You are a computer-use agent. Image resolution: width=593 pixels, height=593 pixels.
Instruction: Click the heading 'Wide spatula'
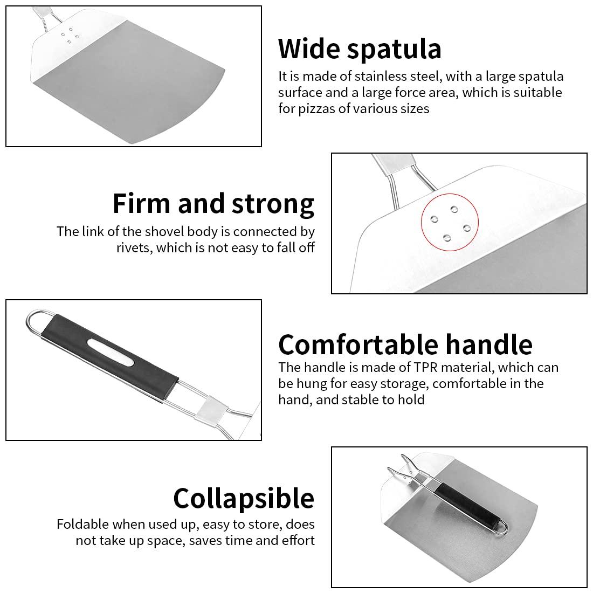(x=360, y=49)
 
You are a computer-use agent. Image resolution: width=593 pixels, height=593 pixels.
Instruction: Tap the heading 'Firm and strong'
(x=213, y=204)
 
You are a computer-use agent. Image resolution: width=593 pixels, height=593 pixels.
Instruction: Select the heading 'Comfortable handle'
(x=405, y=344)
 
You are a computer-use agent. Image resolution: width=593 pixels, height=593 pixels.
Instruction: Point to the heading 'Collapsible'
(x=244, y=499)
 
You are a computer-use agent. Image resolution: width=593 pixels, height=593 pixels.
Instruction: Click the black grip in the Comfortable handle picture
(x=109, y=353)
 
